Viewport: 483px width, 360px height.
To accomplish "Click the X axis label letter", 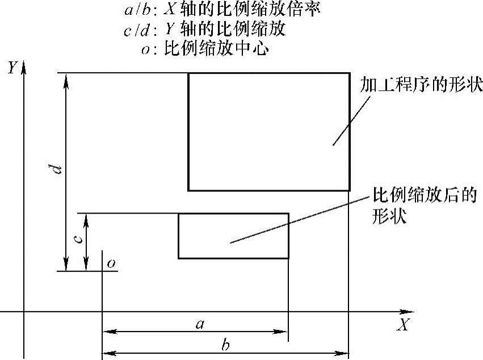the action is (404, 325).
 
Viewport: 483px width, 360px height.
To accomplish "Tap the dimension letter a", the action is (199, 324).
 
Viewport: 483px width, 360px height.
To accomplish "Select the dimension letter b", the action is (225, 345).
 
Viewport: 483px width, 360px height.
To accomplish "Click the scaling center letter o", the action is (111, 263).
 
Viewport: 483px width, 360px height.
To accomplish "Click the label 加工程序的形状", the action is (421, 86).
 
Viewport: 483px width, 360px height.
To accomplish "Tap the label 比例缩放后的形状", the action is (423, 206).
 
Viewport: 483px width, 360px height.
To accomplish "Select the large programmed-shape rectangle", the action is (268, 131).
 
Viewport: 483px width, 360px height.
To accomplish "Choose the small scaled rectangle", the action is (233, 236).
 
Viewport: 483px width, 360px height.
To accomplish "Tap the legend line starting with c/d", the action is (204, 30).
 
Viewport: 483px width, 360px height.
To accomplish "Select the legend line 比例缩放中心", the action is (206, 49).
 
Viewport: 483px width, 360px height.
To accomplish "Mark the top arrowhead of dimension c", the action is (86, 219).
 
